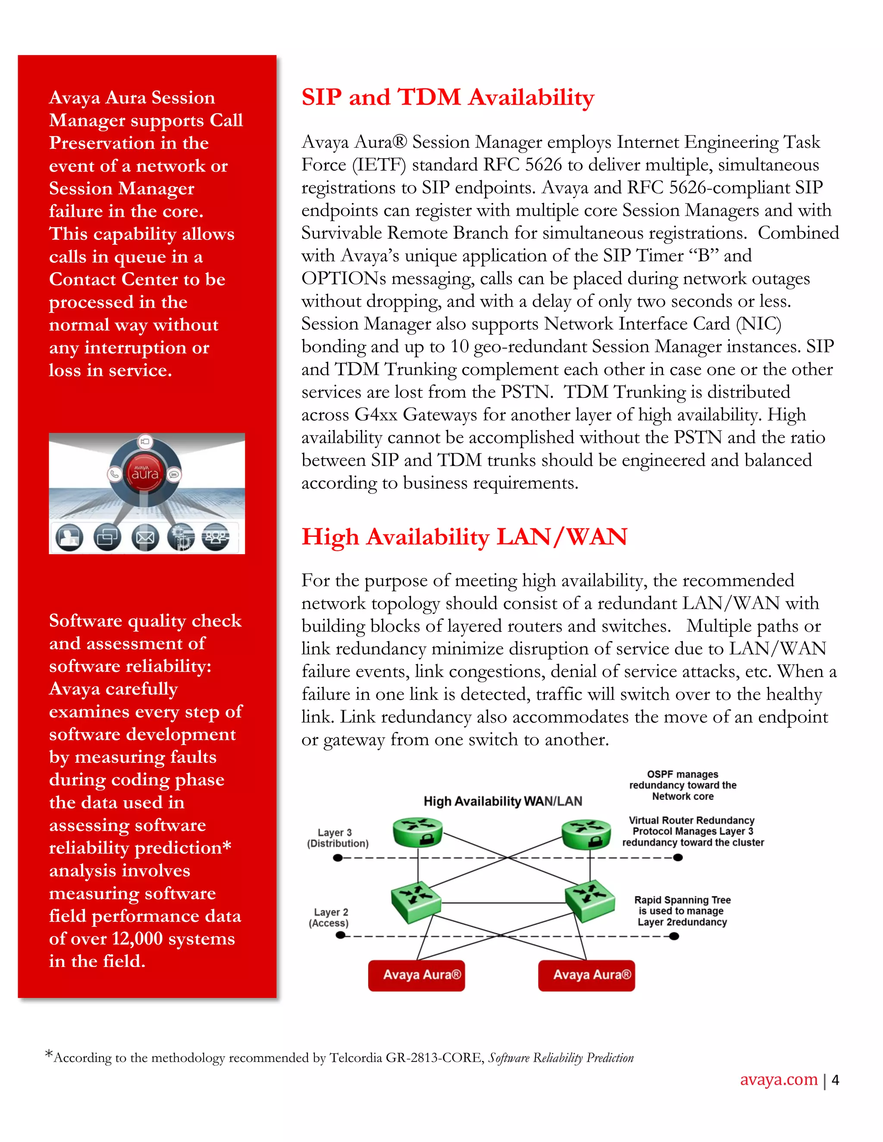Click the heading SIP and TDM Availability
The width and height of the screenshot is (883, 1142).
click(x=448, y=97)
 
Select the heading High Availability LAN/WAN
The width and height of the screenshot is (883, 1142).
click(x=464, y=537)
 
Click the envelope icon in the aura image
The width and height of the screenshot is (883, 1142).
click(x=145, y=537)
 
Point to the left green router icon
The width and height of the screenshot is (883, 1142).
click(x=417, y=832)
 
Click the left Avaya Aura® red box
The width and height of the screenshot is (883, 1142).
click(x=416, y=975)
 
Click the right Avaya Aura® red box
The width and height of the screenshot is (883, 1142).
click(x=586, y=975)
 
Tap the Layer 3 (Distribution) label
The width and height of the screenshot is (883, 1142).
click(x=338, y=838)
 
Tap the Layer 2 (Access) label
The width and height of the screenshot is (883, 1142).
click(x=329, y=917)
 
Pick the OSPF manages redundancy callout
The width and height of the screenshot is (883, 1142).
click(x=682, y=785)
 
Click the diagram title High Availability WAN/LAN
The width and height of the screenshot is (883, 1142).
click(x=502, y=801)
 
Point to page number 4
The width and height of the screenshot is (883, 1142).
click(x=836, y=1080)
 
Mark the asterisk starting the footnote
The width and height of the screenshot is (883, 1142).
click(x=49, y=1054)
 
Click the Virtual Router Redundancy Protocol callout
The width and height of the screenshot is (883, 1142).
click(x=692, y=831)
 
